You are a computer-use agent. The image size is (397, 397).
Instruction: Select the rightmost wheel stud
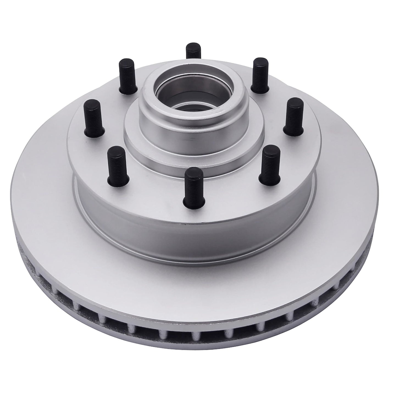pyautogui.click(x=293, y=117)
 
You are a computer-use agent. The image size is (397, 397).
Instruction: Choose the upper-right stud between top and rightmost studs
pyautogui.click(x=261, y=74)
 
